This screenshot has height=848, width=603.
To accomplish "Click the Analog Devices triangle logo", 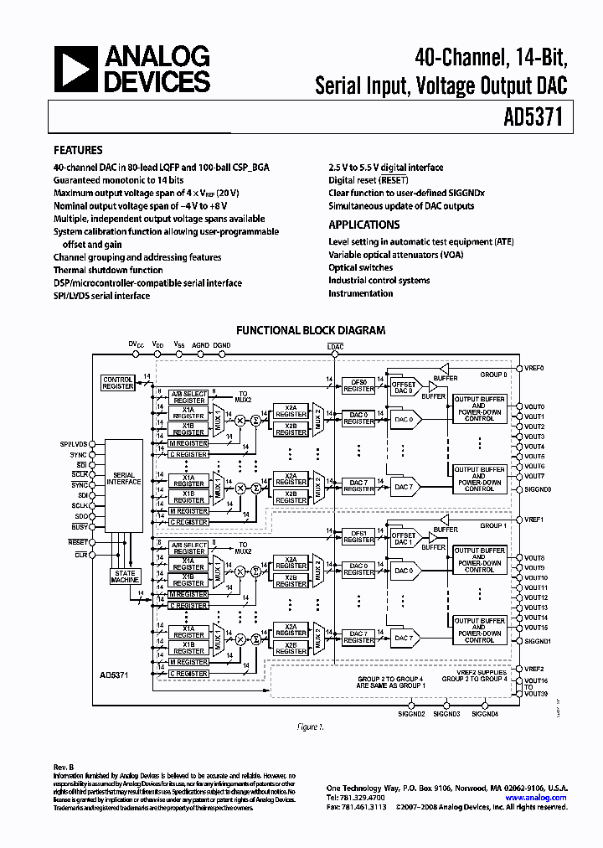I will point(75,69).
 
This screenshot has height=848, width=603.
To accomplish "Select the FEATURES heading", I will point(78,151).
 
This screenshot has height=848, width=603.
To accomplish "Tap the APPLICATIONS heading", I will point(363,225).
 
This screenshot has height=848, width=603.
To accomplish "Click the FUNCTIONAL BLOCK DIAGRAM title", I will point(311,330).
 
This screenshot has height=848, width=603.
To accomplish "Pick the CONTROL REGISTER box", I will point(117,382).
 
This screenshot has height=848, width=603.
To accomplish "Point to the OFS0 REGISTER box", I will point(358,385).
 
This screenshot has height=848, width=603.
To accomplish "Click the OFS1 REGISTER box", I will point(358,536).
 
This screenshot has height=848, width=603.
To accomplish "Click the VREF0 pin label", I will point(534,368).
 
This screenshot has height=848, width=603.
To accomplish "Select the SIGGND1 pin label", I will point(537,641).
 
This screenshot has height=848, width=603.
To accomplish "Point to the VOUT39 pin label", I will point(536,694).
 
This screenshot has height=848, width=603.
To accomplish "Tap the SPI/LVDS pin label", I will point(74,443).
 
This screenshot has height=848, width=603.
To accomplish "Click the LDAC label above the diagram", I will point(335,346).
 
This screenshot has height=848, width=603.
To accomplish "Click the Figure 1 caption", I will point(310,727).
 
